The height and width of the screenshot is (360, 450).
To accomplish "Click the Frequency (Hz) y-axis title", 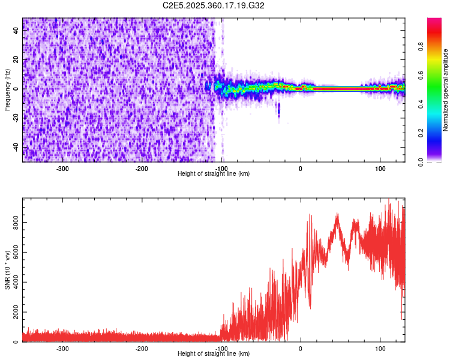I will [7, 90].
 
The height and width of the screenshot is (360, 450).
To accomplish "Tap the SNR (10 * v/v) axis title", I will [7, 270].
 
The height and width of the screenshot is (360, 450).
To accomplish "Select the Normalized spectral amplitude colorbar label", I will [446, 90].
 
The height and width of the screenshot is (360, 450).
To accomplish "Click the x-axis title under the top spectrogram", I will [214, 173].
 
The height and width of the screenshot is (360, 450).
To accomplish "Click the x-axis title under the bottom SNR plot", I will [214, 353].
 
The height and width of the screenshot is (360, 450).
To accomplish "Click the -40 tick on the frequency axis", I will [15, 147].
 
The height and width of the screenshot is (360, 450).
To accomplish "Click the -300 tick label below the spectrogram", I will [62, 168].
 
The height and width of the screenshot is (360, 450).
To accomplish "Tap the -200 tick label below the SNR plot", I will [142, 348].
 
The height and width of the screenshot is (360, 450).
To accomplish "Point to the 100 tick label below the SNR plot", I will [380, 348].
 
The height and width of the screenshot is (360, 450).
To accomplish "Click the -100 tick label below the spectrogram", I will [221, 168].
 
